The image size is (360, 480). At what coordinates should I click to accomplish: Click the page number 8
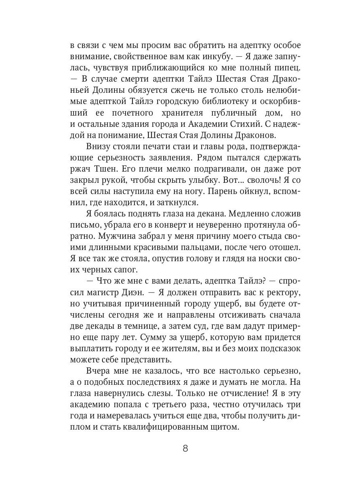point(185,448)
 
